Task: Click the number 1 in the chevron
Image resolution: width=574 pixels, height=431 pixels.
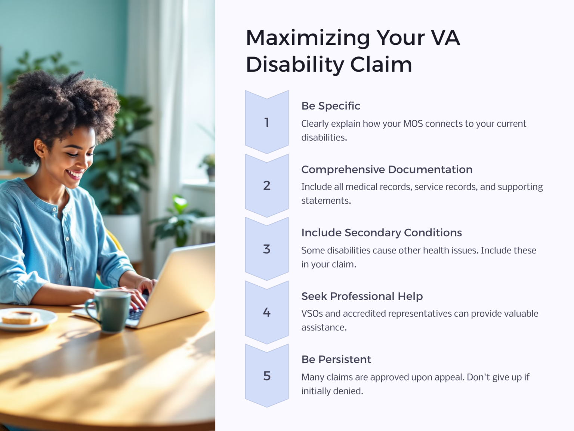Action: click(266, 122)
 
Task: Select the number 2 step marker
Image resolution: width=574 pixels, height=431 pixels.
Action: click(266, 185)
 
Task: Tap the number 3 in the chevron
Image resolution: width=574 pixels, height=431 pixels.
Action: click(266, 249)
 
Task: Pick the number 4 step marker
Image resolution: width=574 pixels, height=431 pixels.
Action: click(266, 312)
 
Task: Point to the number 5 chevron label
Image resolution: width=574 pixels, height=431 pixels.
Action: click(266, 376)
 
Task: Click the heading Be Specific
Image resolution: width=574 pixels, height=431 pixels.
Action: click(331, 106)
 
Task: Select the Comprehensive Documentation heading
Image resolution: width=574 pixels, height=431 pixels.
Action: click(387, 169)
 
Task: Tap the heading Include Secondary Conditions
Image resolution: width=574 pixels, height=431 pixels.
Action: click(382, 233)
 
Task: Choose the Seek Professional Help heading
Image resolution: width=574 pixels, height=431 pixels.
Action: click(362, 296)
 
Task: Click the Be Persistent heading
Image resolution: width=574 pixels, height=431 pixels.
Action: click(336, 359)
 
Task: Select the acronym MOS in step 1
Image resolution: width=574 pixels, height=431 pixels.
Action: click(413, 124)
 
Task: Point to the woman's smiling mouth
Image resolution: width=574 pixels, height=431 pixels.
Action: click(75, 174)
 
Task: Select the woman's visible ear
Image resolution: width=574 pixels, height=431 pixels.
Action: click(40, 148)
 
